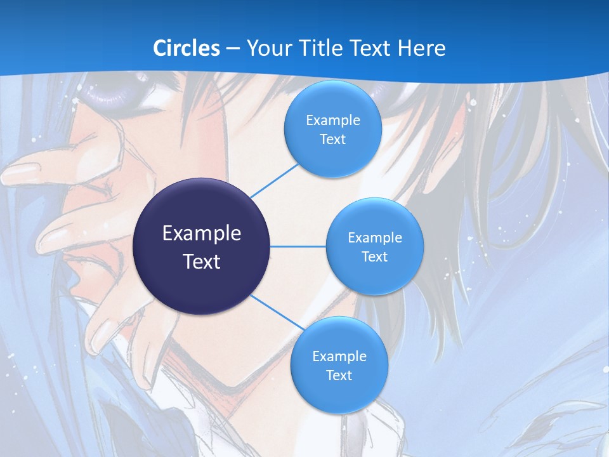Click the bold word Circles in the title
pyautogui.click(x=186, y=48)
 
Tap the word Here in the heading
pyautogui.click(x=421, y=48)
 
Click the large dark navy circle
pyautogui.click(x=202, y=246)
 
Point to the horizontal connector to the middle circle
pyautogui.click(x=298, y=246)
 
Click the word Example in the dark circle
pyautogui.click(x=202, y=233)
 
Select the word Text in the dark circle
pyautogui.click(x=202, y=261)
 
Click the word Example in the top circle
pyautogui.click(x=332, y=120)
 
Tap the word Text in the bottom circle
pyautogui.click(x=339, y=375)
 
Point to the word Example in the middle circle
pyautogui.click(x=374, y=237)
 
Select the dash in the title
pyautogui.click(x=232, y=48)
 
